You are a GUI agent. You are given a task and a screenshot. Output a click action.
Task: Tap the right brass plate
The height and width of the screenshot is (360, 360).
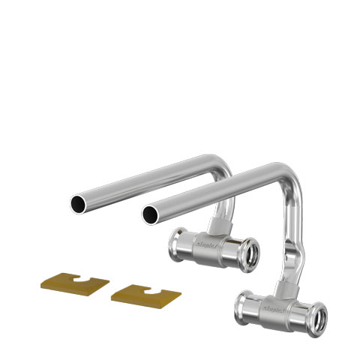click(x=146, y=294)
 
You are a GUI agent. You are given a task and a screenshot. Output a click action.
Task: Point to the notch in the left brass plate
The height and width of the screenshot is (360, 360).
click(x=78, y=280)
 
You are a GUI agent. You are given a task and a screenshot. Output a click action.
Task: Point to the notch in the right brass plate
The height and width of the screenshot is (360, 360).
click(x=149, y=289)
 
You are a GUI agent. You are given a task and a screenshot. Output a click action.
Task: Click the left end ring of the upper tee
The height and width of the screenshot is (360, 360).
click(x=179, y=241)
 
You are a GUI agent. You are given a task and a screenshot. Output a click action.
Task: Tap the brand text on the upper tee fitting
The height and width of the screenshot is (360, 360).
click(x=206, y=244)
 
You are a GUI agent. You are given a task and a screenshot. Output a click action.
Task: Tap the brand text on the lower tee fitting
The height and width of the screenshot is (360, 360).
click(x=275, y=309)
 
